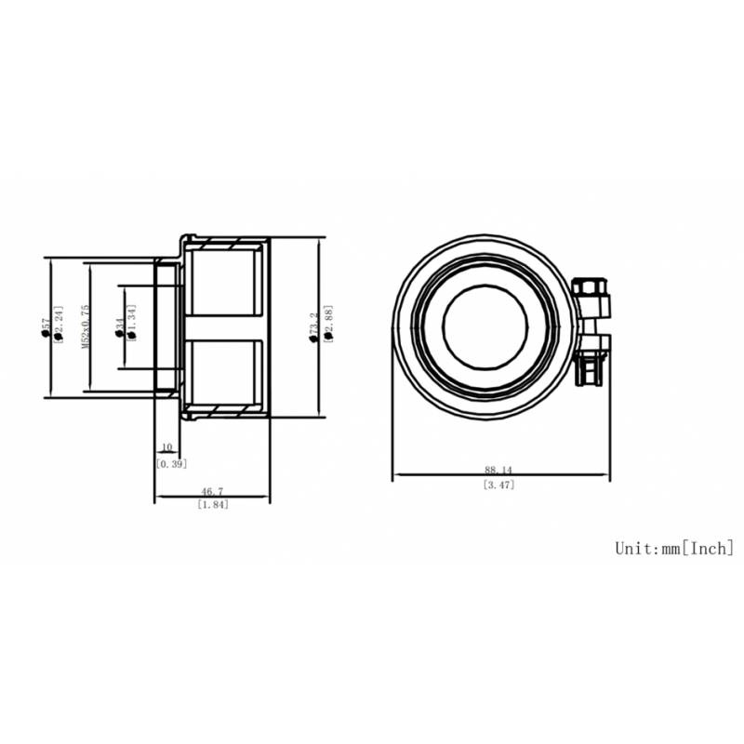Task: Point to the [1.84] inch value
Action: (x=213, y=504)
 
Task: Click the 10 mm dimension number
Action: (x=166, y=448)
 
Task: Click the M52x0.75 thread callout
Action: (x=85, y=326)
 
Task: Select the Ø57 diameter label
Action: (x=46, y=327)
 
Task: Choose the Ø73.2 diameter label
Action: (x=314, y=327)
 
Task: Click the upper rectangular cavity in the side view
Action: (x=226, y=282)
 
